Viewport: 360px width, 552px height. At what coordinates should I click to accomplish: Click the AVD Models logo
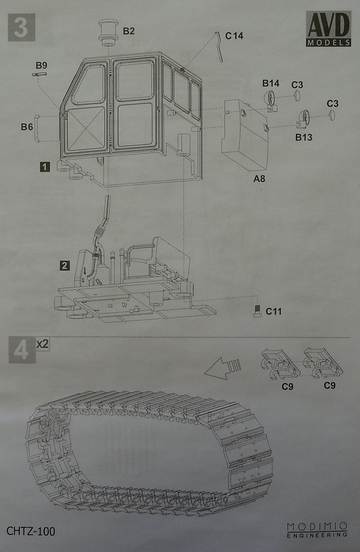pos(328,31)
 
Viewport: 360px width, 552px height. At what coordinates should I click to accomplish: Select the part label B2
pos(128,31)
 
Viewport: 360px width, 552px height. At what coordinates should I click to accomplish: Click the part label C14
pos(234,35)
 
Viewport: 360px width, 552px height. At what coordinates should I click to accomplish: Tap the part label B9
pos(41,64)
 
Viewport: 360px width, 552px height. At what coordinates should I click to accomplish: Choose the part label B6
pos(27,127)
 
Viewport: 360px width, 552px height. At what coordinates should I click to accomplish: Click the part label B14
pos(270,83)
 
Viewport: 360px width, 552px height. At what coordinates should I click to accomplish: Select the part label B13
pos(304,137)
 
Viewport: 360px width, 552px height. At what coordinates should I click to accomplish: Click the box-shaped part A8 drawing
pos(246,135)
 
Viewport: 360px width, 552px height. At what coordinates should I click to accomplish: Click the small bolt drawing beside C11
pos(257,310)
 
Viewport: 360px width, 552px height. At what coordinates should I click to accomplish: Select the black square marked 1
pos(44,167)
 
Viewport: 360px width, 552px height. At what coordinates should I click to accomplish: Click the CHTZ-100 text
pos(31,531)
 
